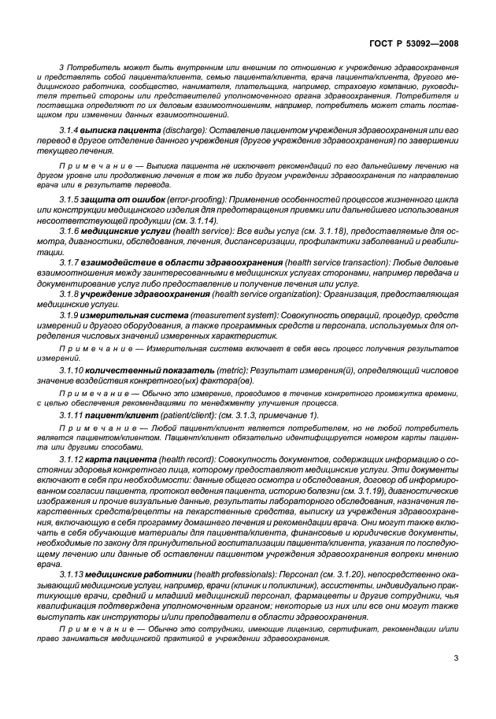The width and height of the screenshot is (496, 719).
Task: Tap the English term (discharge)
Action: (183, 128)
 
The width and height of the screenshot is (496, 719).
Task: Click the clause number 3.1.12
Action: (72, 458)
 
